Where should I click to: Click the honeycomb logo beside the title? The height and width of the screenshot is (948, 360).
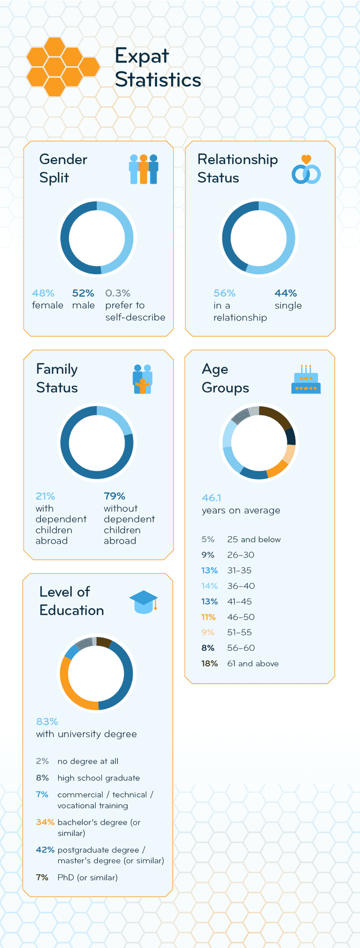pos(62,67)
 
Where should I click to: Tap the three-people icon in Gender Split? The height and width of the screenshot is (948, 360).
pos(143,169)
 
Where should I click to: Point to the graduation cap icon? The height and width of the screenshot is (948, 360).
pos(143,602)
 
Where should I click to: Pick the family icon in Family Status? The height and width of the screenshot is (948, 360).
pos(142,379)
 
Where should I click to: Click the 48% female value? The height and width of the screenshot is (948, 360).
pos(43,293)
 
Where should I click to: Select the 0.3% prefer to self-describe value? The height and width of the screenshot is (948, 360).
pos(118,293)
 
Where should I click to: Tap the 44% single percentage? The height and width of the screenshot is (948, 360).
pos(286,293)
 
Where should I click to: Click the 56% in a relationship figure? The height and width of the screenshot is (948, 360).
pos(224,293)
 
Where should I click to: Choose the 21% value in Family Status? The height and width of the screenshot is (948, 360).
pos(45,496)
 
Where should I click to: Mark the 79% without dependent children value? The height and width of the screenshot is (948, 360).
pos(114,496)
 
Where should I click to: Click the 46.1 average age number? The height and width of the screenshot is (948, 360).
pos(211,498)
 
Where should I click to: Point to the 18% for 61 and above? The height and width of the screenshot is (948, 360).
pos(209,663)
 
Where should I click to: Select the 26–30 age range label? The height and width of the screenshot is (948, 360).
pos(240,555)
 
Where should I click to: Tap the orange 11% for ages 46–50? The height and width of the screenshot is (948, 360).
pos(208,617)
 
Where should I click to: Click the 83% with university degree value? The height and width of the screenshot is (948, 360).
pos(47,722)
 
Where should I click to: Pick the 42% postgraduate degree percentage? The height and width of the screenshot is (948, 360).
pos(45,850)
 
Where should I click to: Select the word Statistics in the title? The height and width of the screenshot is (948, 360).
pos(158,80)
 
